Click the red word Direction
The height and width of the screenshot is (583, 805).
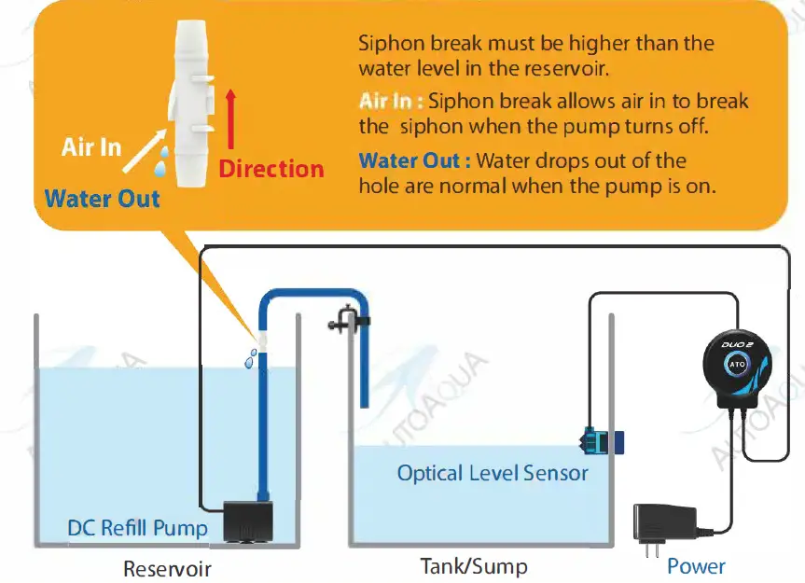[271, 169]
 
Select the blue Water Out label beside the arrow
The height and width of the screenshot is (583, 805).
[103, 198]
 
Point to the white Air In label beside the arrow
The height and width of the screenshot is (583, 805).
[91, 147]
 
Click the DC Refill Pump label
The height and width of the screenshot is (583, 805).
[137, 529]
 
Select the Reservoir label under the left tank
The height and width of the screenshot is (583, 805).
[168, 568]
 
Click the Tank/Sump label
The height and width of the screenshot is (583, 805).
[474, 565]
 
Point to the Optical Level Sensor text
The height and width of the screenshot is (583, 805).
[493, 473]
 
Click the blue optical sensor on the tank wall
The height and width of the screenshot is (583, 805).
[597, 439]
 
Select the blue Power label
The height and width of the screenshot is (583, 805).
[696, 565]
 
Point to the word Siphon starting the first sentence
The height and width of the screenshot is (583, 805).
[387, 44]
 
